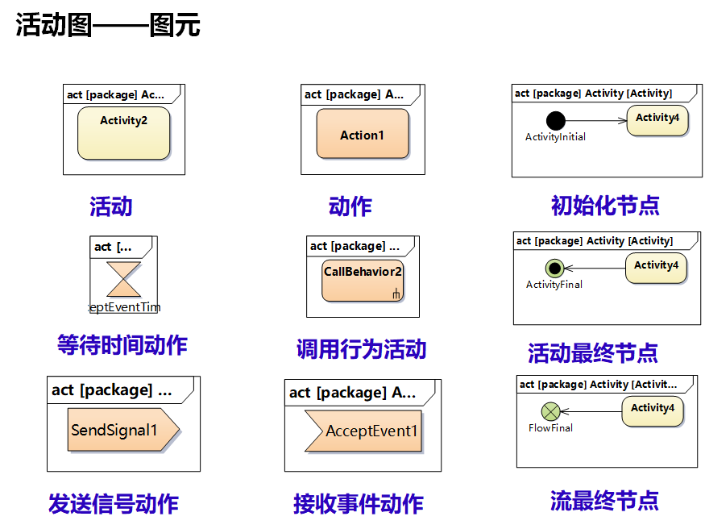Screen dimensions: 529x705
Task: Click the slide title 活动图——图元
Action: [108, 26]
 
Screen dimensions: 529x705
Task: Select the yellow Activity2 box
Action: [123, 133]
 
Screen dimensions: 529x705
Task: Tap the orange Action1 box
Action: [362, 135]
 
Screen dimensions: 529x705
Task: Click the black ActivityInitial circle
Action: [555, 121]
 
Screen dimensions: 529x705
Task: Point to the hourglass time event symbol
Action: [123, 280]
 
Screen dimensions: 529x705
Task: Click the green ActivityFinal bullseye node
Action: [554, 268]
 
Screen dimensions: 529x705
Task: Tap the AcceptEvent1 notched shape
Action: [363, 431]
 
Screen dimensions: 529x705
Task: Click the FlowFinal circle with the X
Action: [550, 412]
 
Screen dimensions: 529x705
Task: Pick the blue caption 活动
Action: [110, 206]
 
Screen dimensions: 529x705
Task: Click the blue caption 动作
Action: [350, 206]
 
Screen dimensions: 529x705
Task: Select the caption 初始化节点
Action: [604, 206]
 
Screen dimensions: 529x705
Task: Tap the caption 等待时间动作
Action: [122, 345]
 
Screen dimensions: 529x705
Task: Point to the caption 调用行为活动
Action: [361, 349]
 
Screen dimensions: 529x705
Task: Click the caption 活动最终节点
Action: [593, 352]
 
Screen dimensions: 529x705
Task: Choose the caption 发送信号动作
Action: [113, 504]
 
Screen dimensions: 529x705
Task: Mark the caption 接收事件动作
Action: [358, 504]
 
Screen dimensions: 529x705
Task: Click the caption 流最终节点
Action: [604, 501]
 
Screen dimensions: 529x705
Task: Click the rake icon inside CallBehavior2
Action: [396, 294]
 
